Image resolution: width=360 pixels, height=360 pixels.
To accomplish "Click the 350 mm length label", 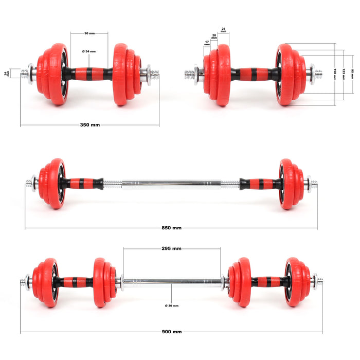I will click(x=90, y=125).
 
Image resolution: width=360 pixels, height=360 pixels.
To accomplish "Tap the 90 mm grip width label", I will click(x=89, y=33).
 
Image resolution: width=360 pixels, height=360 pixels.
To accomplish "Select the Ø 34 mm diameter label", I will click(x=89, y=51).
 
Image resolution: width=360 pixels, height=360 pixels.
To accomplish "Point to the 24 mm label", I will click(x=7, y=74).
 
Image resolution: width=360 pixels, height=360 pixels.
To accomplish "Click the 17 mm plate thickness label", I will click(x=207, y=43).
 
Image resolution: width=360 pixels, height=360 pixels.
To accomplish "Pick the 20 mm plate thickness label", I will click(x=214, y=36).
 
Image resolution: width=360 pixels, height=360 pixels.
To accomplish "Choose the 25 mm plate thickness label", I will click(x=223, y=30).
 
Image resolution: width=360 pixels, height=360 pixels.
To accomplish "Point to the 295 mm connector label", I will click(x=171, y=248).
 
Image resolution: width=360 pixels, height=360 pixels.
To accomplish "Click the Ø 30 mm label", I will click(x=172, y=305).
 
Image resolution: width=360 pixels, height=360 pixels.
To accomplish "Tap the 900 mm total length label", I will click(x=172, y=332).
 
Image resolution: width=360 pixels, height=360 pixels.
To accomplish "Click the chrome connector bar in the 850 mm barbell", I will click(x=171, y=184).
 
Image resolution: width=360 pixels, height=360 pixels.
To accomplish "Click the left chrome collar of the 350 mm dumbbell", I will click(x=30, y=74).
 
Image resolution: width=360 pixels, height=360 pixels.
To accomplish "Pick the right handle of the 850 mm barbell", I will click(x=260, y=184).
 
